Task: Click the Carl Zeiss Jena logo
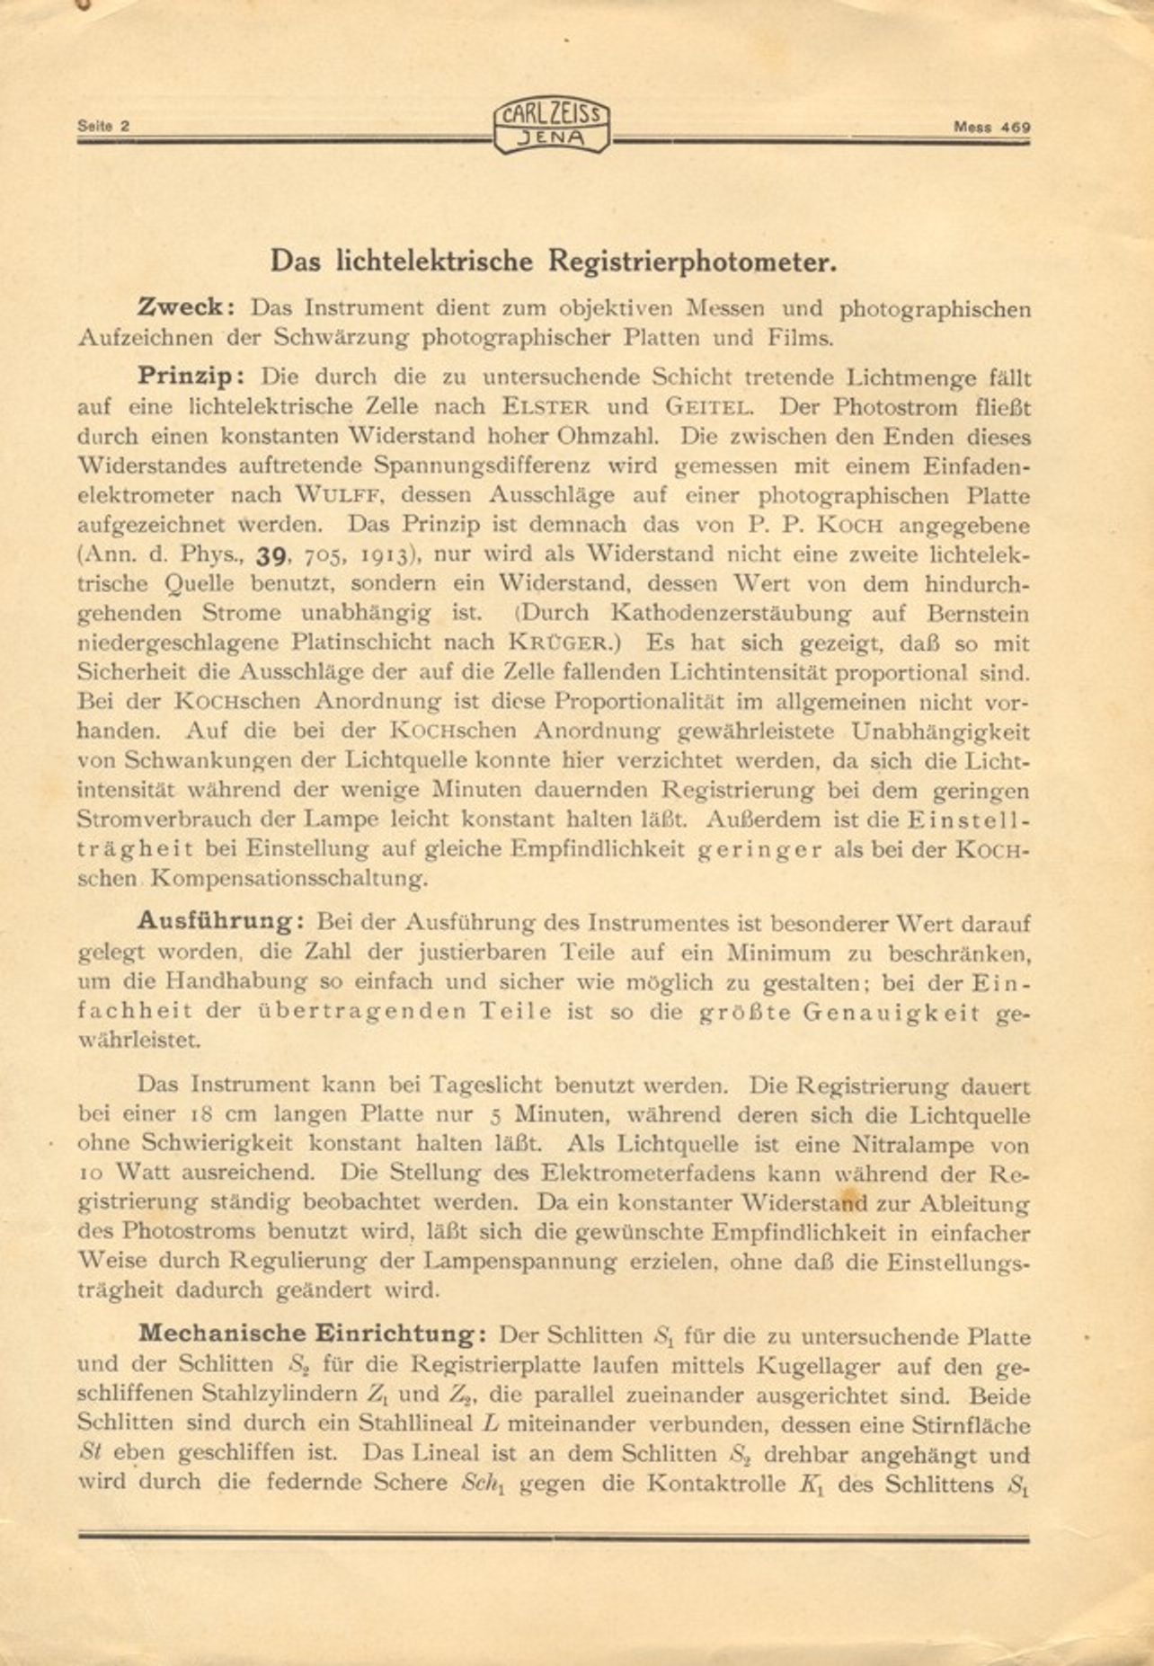(551, 127)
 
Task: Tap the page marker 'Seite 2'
(103, 127)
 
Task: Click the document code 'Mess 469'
(991, 128)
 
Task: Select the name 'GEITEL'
(708, 407)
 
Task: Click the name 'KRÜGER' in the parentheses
(563, 643)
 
